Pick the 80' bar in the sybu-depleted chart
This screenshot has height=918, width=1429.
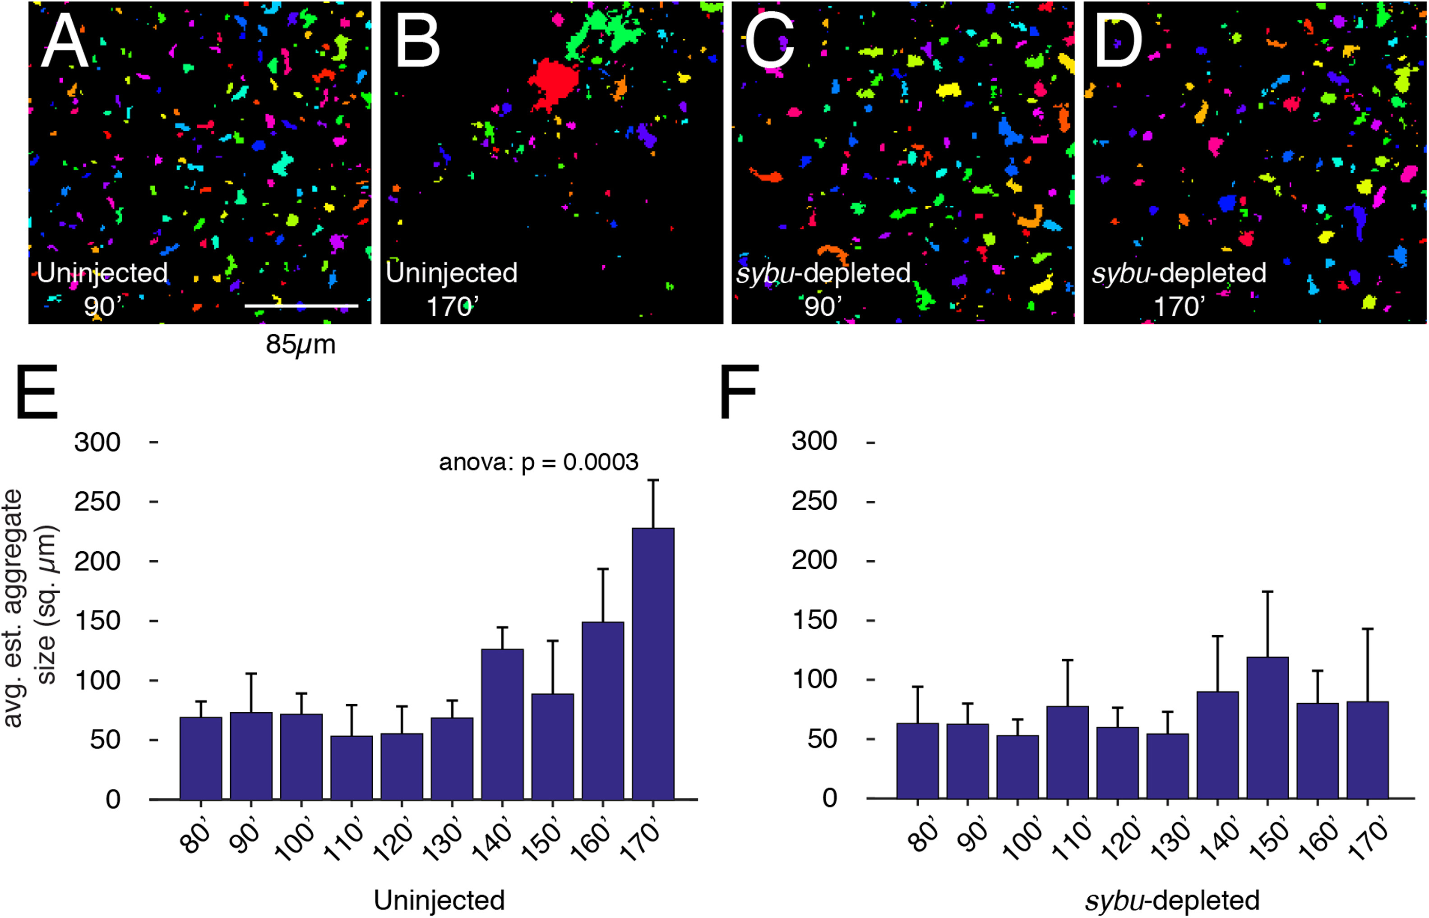[x=917, y=761]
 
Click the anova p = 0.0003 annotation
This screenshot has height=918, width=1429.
[x=538, y=462]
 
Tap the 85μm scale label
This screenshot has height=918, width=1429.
[x=301, y=345]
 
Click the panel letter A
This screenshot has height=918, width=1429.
[x=65, y=42]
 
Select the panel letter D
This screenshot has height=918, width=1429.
[x=1118, y=42]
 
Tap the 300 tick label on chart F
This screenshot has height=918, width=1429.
[x=814, y=441]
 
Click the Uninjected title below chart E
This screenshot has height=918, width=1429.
[x=439, y=900]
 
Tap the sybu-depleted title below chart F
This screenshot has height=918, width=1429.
[x=1172, y=900]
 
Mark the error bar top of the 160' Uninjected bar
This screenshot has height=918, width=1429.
[x=603, y=569]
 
